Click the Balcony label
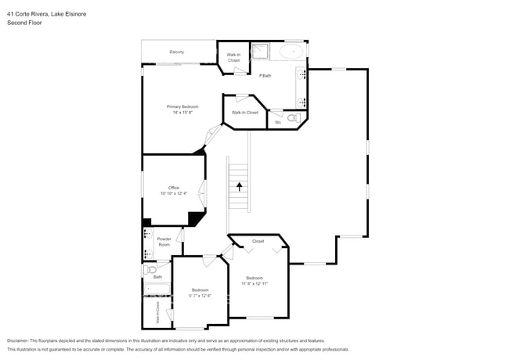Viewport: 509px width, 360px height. click(177, 52)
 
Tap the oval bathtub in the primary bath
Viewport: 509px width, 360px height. click(291, 52)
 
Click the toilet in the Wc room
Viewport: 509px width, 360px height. click(293, 119)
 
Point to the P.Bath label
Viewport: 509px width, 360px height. click(265, 74)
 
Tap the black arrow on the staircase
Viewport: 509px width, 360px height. click(239, 185)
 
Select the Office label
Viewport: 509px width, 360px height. click(173, 188)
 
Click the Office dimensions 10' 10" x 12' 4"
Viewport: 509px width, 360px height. click(173, 193)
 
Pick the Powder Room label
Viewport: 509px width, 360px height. click(164, 242)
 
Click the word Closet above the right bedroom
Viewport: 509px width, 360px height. click(258, 241)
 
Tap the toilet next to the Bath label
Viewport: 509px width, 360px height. click(149, 269)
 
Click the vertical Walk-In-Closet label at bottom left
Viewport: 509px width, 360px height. click(157, 312)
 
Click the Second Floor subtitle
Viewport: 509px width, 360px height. click(24, 23)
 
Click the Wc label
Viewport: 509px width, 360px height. click(277, 122)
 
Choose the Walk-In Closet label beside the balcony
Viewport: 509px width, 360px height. click(233, 57)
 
